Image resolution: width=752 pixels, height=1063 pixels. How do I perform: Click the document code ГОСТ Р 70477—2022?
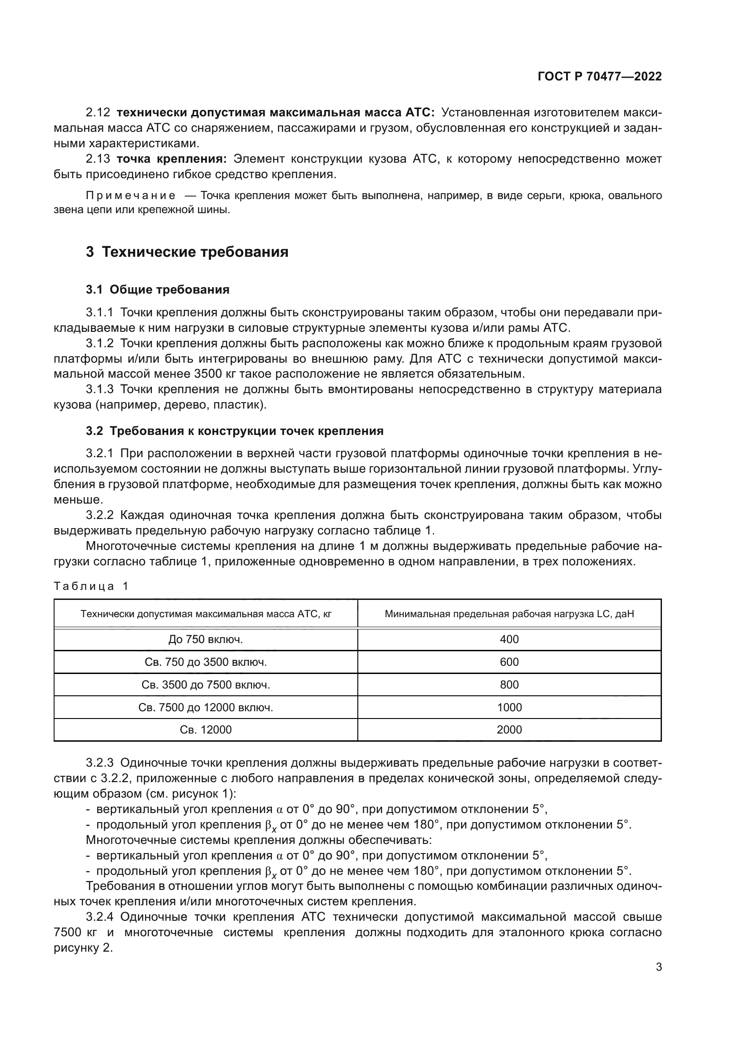[x=599, y=77]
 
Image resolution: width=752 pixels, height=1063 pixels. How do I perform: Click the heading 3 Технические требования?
[x=187, y=252]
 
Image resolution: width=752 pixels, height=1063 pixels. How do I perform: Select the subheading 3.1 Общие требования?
[x=157, y=290]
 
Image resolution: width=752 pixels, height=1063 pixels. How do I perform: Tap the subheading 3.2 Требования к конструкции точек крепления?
[x=234, y=431]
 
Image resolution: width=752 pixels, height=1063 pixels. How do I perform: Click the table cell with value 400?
[x=509, y=639]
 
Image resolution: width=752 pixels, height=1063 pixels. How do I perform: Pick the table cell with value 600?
[x=509, y=662]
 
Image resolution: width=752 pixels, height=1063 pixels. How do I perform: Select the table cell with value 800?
[x=509, y=685]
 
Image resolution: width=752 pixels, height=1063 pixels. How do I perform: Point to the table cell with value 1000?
[x=509, y=708]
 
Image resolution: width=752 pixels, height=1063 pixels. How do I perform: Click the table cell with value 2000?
[x=509, y=730]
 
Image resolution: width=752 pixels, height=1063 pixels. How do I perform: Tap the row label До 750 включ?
[x=206, y=639]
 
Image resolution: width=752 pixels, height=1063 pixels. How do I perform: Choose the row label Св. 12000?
[x=206, y=730]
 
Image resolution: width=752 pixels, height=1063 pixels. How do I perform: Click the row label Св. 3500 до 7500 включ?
[x=206, y=685]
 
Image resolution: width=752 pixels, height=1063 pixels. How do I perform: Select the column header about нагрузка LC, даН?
[x=509, y=614]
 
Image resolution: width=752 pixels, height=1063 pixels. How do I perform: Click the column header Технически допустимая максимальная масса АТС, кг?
[x=206, y=614]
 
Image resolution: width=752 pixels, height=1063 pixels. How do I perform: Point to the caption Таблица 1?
[x=91, y=587]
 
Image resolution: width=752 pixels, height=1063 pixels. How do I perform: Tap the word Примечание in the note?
[x=130, y=196]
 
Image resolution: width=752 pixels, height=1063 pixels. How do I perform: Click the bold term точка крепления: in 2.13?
[x=171, y=159]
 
